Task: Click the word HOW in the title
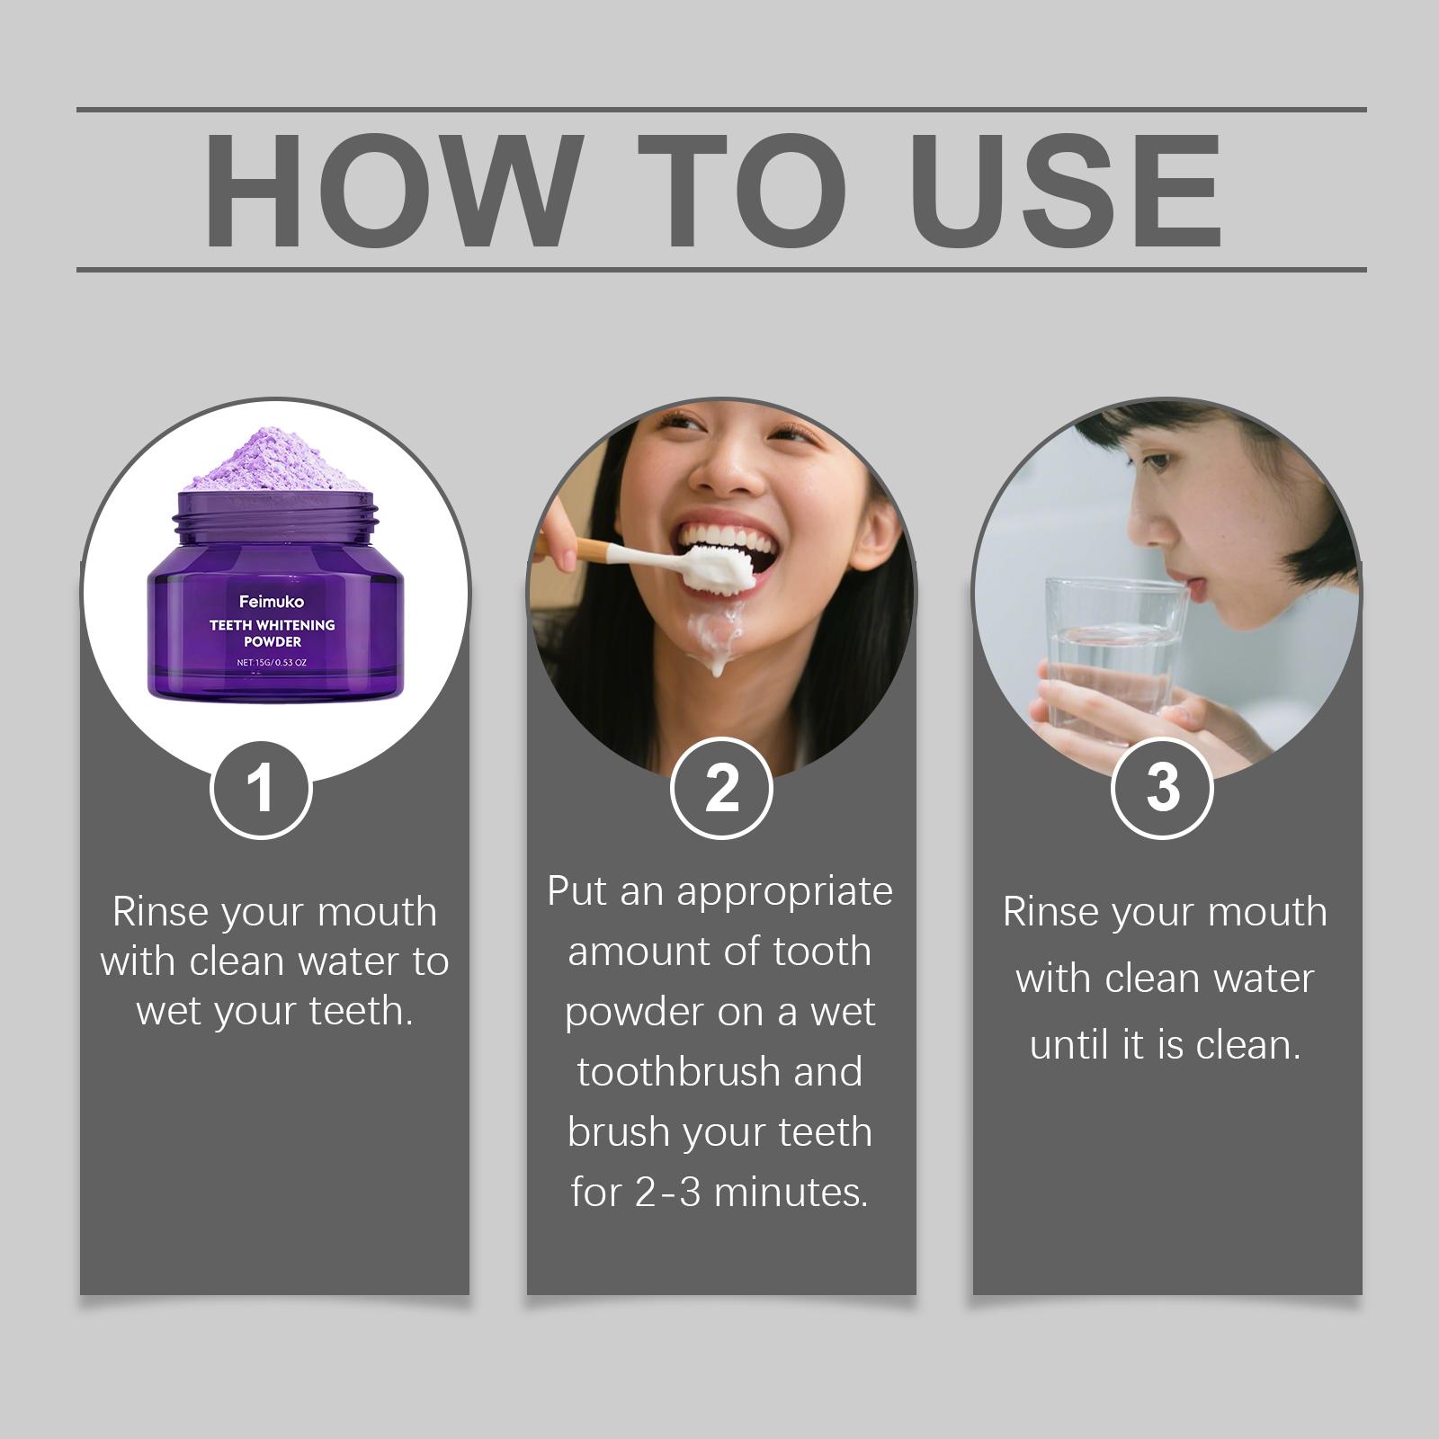(x=388, y=190)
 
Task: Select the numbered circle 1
(x=261, y=789)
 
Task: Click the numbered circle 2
(x=721, y=789)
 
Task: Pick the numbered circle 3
(x=1162, y=789)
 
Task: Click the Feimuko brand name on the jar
(x=272, y=602)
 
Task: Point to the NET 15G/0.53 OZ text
(x=272, y=663)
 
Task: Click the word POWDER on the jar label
(x=272, y=641)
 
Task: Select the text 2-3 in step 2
(x=667, y=1193)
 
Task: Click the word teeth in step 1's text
(x=361, y=1011)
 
